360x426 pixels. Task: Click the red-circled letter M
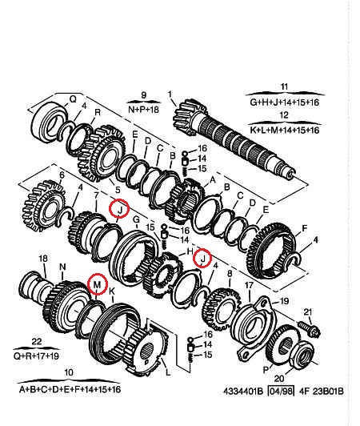pyautogui.click(x=97, y=285)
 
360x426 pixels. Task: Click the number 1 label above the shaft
pyautogui.click(x=170, y=94)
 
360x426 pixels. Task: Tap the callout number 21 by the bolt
pyautogui.click(x=308, y=312)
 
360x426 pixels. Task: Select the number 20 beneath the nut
pyautogui.click(x=279, y=378)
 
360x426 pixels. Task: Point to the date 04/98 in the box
pyautogui.click(x=281, y=392)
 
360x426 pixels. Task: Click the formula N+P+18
pyautogui.click(x=144, y=110)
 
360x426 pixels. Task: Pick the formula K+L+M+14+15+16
pyautogui.click(x=285, y=131)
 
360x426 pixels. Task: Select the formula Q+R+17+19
pyautogui.click(x=36, y=356)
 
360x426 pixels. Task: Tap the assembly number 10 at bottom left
pyautogui.click(x=69, y=372)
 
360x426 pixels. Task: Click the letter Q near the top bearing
pyautogui.click(x=73, y=99)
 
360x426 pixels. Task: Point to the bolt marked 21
pyautogui.click(x=309, y=328)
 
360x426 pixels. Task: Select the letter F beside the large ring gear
pyautogui.click(x=304, y=228)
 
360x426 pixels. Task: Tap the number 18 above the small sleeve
pyautogui.click(x=43, y=259)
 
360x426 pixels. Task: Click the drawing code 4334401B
pyautogui.click(x=243, y=392)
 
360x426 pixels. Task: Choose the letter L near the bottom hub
pyautogui.click(x=168, y=372)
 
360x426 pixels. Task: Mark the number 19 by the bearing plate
pyautogui.click(x=284, y=301)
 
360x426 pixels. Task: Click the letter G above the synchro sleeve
pyautogui.click(x=136, y=219)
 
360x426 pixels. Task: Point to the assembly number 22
pyautogui.click(x=37, y=341)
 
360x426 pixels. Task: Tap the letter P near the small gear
pyautogui.click(x=266, y=369)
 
